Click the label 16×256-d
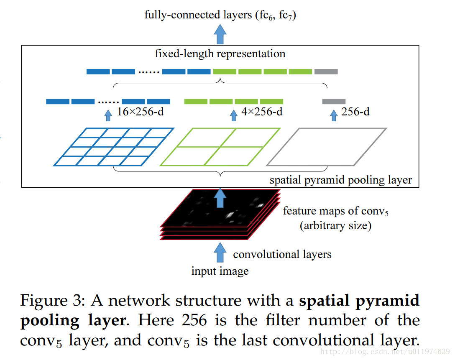140,112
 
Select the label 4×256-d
262,112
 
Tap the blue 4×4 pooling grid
114,146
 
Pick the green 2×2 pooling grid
220,146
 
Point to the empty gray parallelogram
327,146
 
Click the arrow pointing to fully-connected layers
220,33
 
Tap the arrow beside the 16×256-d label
108,114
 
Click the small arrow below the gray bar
333,114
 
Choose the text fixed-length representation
220,54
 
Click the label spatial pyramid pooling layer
340,180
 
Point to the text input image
220,271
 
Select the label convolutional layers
282,254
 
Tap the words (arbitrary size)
335,226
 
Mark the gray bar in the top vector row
326,71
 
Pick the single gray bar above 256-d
334,101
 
